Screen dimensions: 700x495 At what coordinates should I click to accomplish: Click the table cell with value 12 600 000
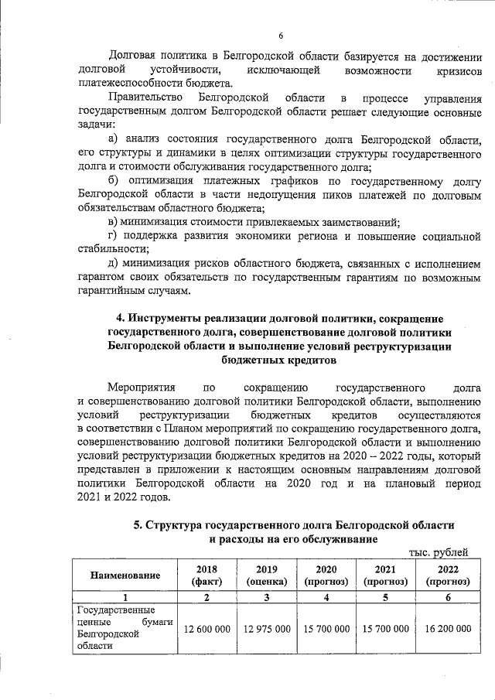pyautogui.click(x=207, y=629)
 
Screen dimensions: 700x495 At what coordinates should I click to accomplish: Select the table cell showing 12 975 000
pyautogui.click(x=267, y=629)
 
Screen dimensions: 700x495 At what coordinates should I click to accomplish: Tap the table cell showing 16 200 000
pyautogui.click(x=448, y=629)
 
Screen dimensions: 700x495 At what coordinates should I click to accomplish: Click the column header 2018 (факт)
pyautogui.click(x=207, y=575)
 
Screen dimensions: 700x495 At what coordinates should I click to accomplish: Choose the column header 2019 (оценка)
pyautogui.click(x=267, y=575)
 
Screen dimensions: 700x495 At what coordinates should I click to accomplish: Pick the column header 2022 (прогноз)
pyautogui.click(x=448, y=575)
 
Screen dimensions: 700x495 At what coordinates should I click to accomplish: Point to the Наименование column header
pyautogui.click(x=125, y=575)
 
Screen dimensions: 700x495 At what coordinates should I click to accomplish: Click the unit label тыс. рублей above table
pyautogui.click(x=438, y=551)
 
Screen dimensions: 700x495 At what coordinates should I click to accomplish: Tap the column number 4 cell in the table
pyautogui.click(x=326, y=597)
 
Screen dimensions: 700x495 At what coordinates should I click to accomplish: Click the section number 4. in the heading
pyautogui.click(x=121, y=319)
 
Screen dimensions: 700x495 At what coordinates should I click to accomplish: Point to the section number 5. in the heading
pyautogui.click(x=138, y=525)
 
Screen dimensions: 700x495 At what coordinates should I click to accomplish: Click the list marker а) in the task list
pyautogui.click(x=114, y=139)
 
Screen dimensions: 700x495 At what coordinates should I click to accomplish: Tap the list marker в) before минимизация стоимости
pyautogui.click(x=114, y=222)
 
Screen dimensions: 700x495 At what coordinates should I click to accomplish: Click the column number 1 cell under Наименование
pyautogui.click(x=125, y=597)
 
